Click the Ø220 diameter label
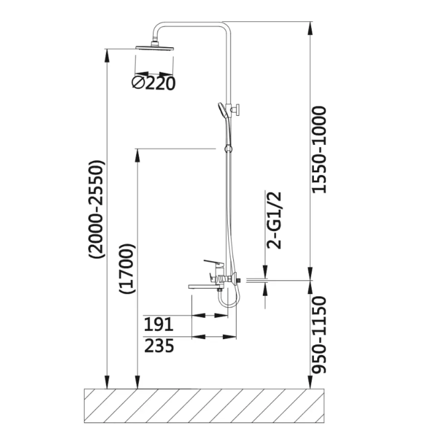click(x=153, y=83)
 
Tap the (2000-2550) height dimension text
click(x=96, y=209)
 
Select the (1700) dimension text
click(x=127, y=268)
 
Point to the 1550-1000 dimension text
click(x=319, y=150)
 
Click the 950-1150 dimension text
click(x=319, y=335)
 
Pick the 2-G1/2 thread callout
click(x=274, y=220)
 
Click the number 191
click(x=159, y=324)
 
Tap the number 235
click(x=159, y=346)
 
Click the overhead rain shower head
click(x=154, y=47)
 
